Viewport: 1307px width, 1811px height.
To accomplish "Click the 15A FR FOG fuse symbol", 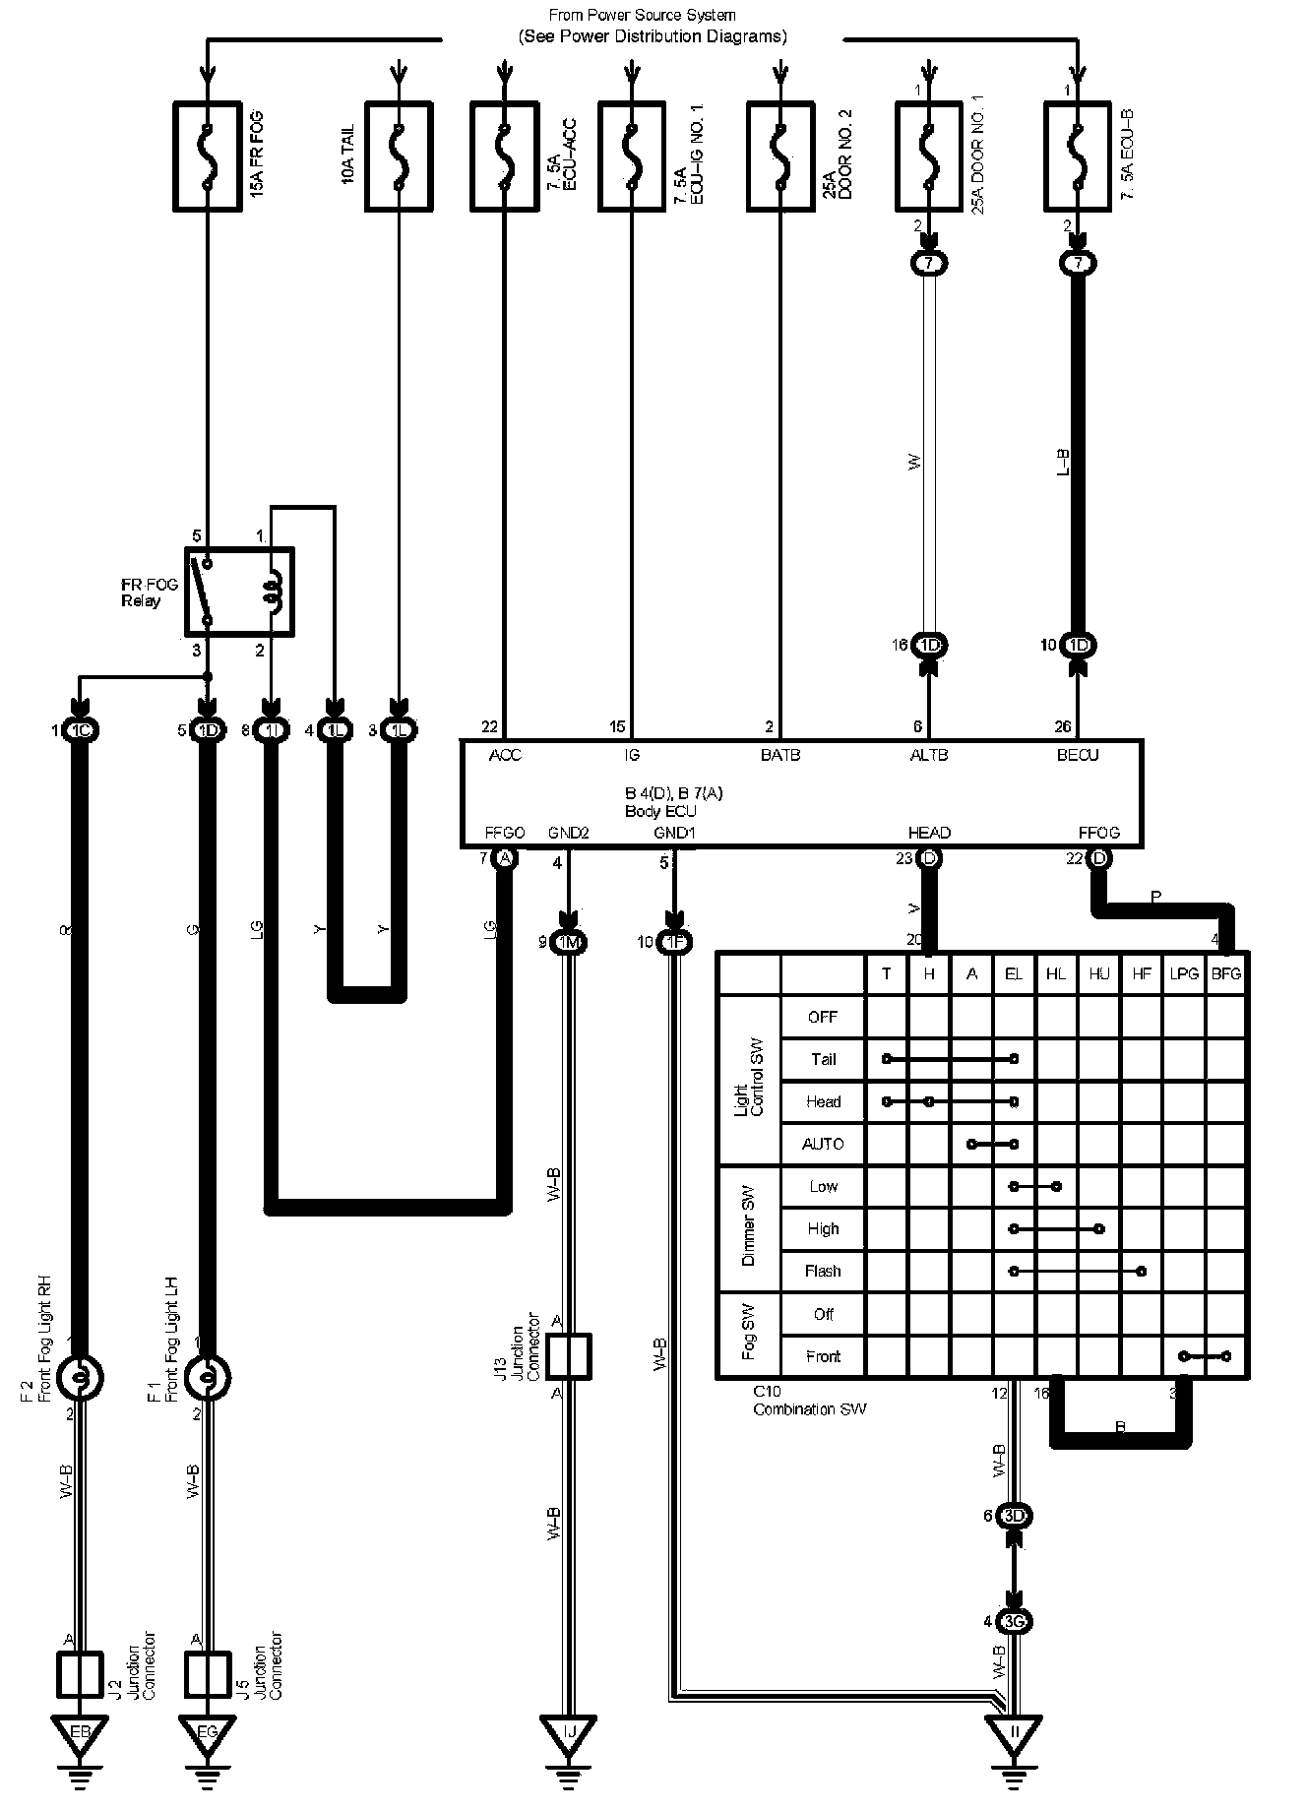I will tap(207, 156).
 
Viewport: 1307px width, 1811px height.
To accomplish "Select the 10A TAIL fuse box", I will tap(398, 156).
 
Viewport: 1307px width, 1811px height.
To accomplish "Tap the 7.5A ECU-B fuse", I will tap(1078, 156).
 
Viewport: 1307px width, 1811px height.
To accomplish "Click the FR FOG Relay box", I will tap(239, 592).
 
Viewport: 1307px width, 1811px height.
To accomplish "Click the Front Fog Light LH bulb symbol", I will tap(207, 1377).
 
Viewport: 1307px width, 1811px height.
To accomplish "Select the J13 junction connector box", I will tap(569, 1355).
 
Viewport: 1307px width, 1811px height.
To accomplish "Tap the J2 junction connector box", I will tap(78, 1674).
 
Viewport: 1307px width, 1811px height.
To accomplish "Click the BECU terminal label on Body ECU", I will tap(1078, 755).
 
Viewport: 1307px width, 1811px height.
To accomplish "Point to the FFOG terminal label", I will tap(1098, 833).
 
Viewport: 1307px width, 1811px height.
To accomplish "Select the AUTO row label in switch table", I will tap(823, 1144).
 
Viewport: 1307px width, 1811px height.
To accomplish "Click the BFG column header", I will tap(1226, 973).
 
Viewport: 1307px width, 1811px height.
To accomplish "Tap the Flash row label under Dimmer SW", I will tap(823, 1271).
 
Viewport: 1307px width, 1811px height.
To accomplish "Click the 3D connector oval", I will tap(1015, 1516).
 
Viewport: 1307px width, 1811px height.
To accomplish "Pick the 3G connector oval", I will tap(1015, 1621).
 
